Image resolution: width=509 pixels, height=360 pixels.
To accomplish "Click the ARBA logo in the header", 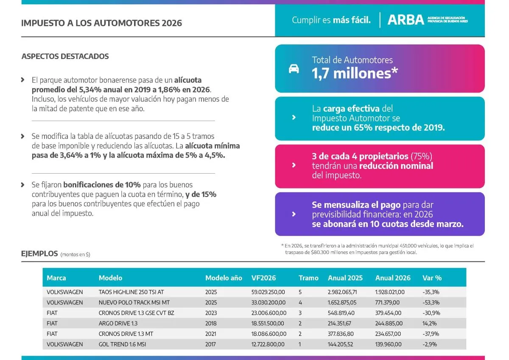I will click(x=406, y=20).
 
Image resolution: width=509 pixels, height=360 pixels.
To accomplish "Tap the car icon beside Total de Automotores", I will click(x=294, y=69).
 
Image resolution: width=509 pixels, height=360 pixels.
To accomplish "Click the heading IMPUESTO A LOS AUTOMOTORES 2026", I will click(x=101, y=23).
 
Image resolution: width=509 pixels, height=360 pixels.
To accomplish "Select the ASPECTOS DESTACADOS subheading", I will click(x=65, y=56).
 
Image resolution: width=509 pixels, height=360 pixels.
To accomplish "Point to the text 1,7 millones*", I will click(x=355, y=73).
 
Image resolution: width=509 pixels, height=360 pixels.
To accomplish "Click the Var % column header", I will click(x=432, y=278).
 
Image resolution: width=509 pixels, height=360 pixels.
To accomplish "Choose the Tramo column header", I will click(x=308, y=278).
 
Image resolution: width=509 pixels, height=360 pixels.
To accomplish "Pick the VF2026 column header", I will click(x=263, y=278).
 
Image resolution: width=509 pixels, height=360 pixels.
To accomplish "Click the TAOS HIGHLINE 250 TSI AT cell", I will click(x=131, y=292).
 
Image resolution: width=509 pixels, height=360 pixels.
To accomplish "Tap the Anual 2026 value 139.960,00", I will click(x=390, y=344).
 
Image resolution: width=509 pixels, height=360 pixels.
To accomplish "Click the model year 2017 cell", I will click(x=211, y=344).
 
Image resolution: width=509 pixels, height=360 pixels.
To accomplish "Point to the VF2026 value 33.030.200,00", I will click(x=268, y=303).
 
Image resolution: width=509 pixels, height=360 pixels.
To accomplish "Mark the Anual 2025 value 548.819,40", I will click(x=343, y=313).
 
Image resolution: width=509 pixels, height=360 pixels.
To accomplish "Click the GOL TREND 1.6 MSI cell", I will click(x=123, y=344).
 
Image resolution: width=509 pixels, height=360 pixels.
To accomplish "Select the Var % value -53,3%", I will click(x=431, y=303).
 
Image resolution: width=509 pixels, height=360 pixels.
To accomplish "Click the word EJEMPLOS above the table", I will click(x=39, y=254).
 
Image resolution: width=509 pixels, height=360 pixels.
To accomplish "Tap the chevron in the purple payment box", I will click(x=294, y=214).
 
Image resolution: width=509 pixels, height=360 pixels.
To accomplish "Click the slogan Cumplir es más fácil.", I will click(x=331, y=20).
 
